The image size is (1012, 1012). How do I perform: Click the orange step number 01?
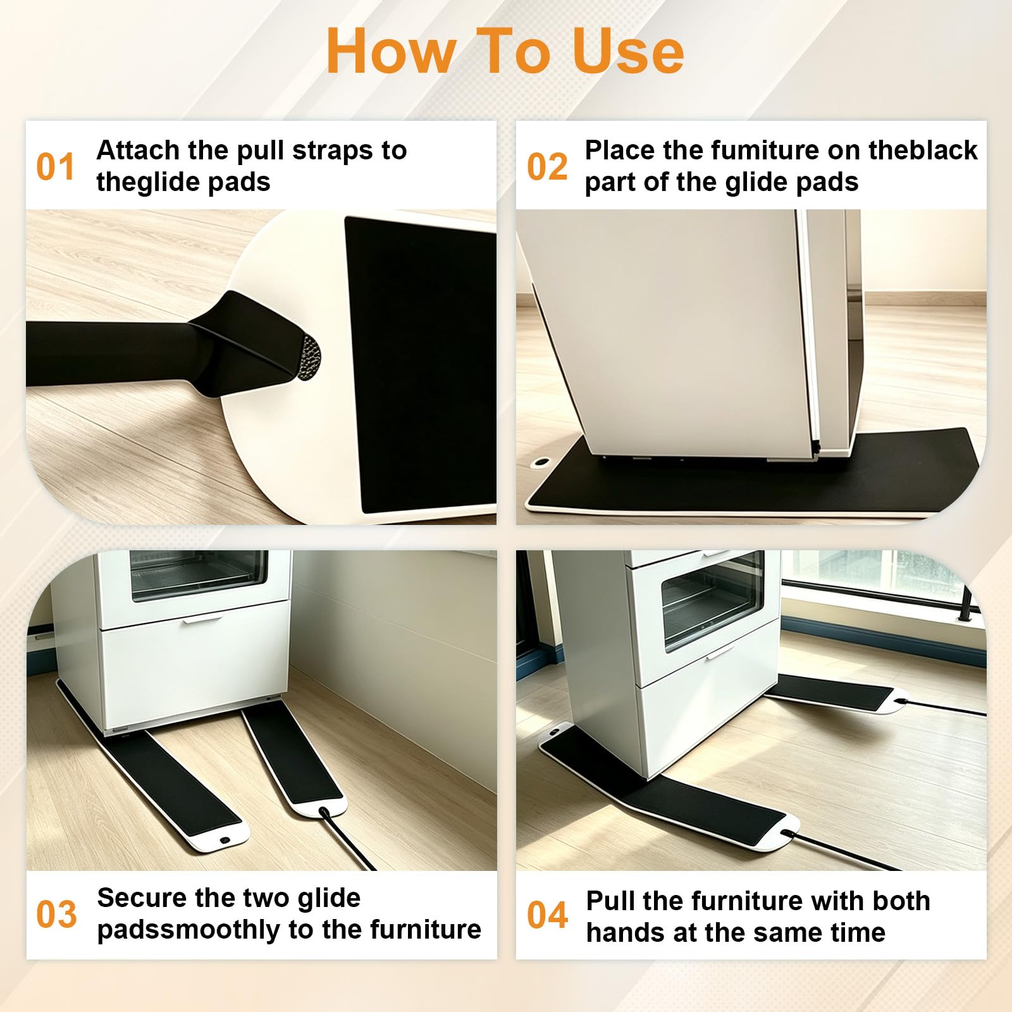tap(56, 167)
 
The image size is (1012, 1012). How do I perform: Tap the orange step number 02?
tap(547, 167)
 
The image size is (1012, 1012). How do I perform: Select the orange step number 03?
tap(56, 915)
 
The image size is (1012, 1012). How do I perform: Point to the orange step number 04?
tap(548, 915)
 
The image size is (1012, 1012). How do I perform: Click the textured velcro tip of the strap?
tap(310, 358)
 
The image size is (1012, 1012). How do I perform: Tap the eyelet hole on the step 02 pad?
tap(541, 463)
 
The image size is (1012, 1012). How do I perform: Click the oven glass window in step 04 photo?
tap(713, 602)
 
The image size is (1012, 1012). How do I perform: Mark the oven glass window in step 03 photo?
tap(199, 574)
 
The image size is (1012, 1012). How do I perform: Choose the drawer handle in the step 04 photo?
tap(720, 651)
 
